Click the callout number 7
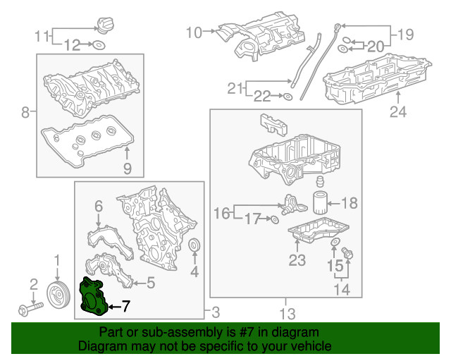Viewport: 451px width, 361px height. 125,306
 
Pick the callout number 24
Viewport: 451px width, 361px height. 398,112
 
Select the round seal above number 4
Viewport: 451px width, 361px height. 195,246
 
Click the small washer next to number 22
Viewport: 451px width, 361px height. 289,95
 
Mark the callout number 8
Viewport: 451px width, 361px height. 25,112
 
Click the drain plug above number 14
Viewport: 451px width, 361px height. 348,254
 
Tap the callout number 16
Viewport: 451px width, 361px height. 222,213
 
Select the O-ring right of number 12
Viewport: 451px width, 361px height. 99,46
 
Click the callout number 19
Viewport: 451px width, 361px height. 405,33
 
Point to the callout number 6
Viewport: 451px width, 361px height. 98,206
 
